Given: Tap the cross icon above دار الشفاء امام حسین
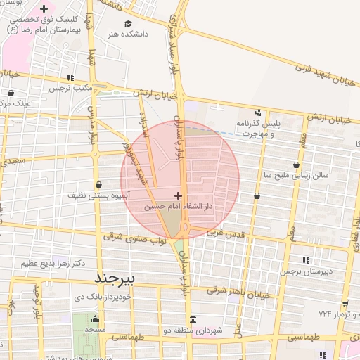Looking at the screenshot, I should point(178,195).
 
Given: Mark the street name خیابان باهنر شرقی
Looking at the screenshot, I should point(239,291).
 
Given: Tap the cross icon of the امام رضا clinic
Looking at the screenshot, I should point(44,9).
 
